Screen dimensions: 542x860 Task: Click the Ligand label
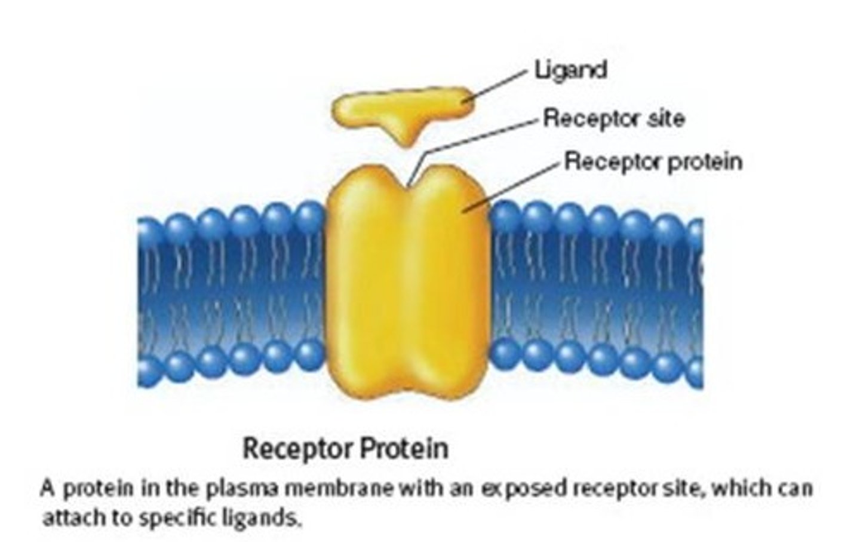(x=570, y=70)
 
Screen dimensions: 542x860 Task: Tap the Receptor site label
(x=613, y=118)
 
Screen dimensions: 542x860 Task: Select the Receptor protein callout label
(x=653, y=161)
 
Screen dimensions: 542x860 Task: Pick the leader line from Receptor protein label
(x=514, y=185)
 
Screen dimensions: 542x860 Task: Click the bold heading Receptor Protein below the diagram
(x=345, y=448)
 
